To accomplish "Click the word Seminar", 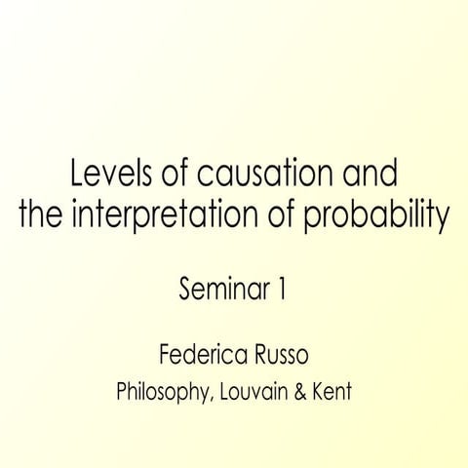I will point(216,289).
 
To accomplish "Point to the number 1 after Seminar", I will point(281,289).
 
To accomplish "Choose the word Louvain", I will point(256,394).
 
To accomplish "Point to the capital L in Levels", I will point(78,176).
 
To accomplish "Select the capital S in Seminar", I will point(186,289).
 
